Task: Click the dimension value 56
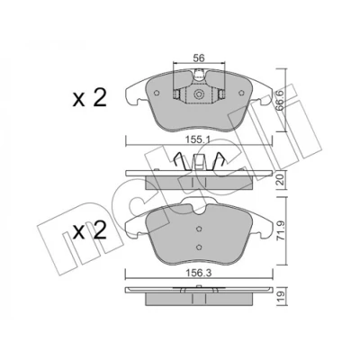(198, 58)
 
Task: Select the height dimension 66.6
(281, 102)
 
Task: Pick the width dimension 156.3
(199, 273)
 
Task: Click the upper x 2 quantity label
(90, 98)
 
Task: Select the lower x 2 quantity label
(90, 230)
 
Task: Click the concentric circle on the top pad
(198, 94)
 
